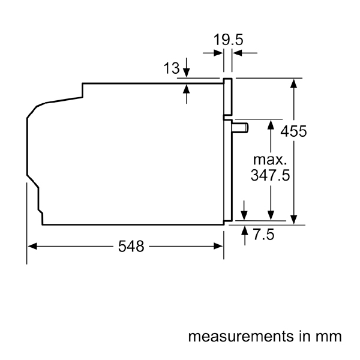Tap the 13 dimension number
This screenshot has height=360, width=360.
pyautogui.click(x=172, y=69)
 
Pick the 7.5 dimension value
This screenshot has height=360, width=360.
pyautogui.click(x=262, y=235)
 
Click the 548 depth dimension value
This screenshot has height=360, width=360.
pyautogui.click(x=130, y=247)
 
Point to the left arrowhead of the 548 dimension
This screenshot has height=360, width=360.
pyautogui.click(x=31, y=247)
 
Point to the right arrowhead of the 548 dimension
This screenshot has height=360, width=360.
pyautogui.click(x=220, y=247)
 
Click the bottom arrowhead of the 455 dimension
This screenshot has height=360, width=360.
pyautogui.click(x=294, y=220)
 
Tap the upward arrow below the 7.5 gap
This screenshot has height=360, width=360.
pyautogui.click(x=244, y=233)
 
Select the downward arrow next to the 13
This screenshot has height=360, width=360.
pyautogui.click(x=187, y=70)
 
